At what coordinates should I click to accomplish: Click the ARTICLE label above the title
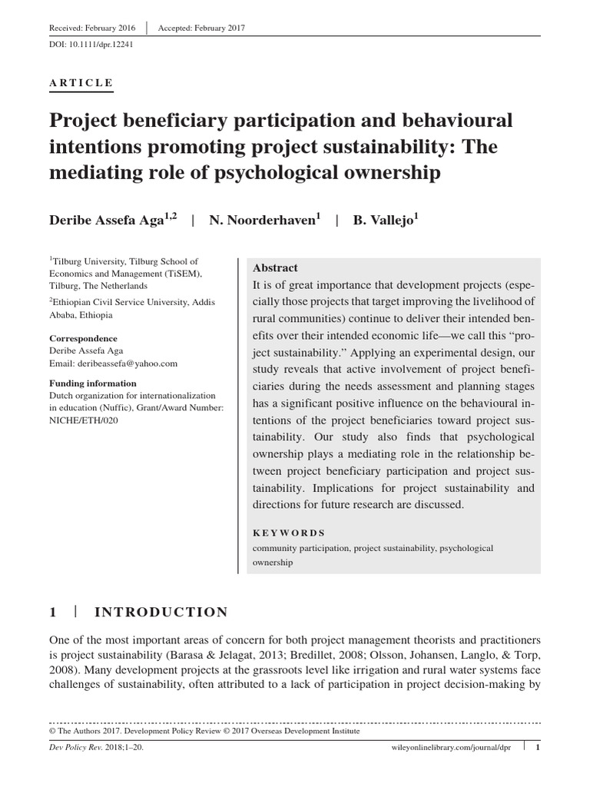[81, 83]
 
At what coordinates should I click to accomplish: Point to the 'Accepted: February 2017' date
[201, 28]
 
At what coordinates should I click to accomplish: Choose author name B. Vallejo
[385, 220]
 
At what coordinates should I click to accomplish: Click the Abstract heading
[275, 267]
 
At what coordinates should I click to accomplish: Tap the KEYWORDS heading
[289, 533]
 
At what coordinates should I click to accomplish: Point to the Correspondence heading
[84, 338]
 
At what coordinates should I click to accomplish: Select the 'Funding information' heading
[93, 383]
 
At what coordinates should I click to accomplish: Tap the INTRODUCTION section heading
[161, 612]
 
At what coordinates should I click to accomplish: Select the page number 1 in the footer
[538, 745]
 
